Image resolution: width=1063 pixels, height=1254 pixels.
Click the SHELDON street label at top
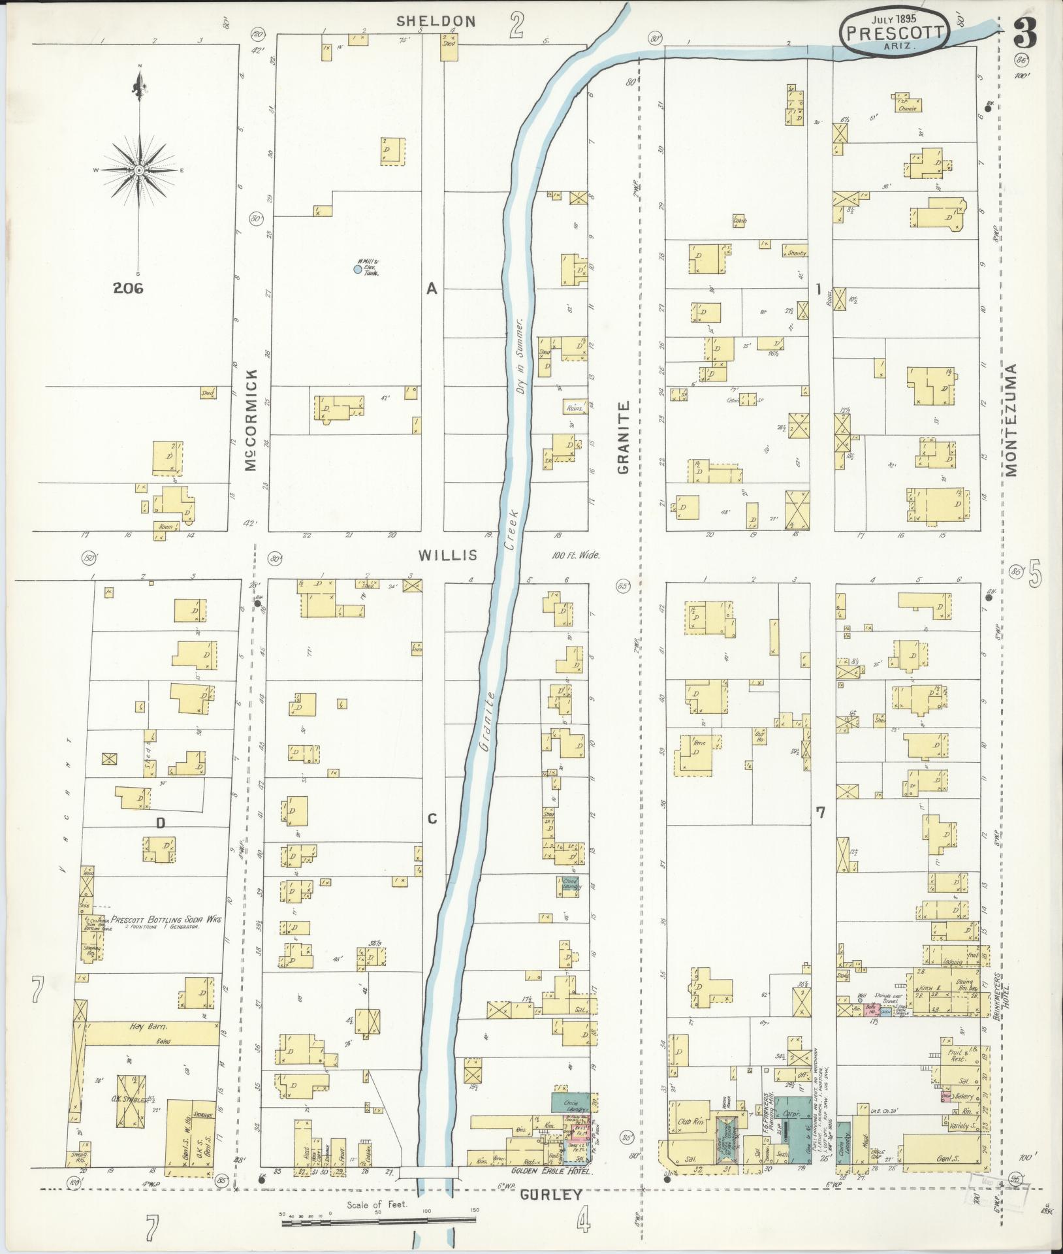click(436, 21)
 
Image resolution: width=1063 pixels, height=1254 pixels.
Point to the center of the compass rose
click(139, 170)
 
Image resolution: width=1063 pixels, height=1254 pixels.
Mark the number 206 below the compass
click(128, 287)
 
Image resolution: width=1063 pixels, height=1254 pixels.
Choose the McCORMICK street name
click(252, 420)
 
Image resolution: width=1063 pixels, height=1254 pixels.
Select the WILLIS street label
click(447, 556)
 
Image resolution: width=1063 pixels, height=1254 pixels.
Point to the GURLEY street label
click(551, 1195)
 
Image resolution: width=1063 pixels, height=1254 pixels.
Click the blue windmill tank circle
click(357, 268)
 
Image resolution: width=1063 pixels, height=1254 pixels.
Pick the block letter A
click(431, 288)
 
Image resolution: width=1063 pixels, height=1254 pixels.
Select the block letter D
click(160, 824)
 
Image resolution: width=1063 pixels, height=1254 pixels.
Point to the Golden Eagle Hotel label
click(554, 1172)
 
